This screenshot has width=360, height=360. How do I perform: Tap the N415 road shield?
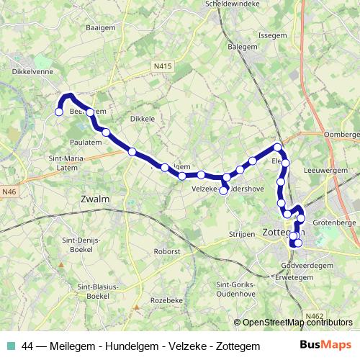[x=163, y=66]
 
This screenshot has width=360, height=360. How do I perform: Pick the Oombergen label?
[x=343, y=134]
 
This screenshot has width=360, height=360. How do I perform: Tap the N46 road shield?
[x=9, y=192]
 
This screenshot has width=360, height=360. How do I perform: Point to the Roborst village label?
[x=166, y=251]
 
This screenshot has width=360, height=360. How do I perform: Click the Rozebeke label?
[x=164, y=300]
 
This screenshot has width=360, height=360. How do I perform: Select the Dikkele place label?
[x=143, y=118]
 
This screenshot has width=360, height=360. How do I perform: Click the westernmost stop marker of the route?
[x=59, y=112]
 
